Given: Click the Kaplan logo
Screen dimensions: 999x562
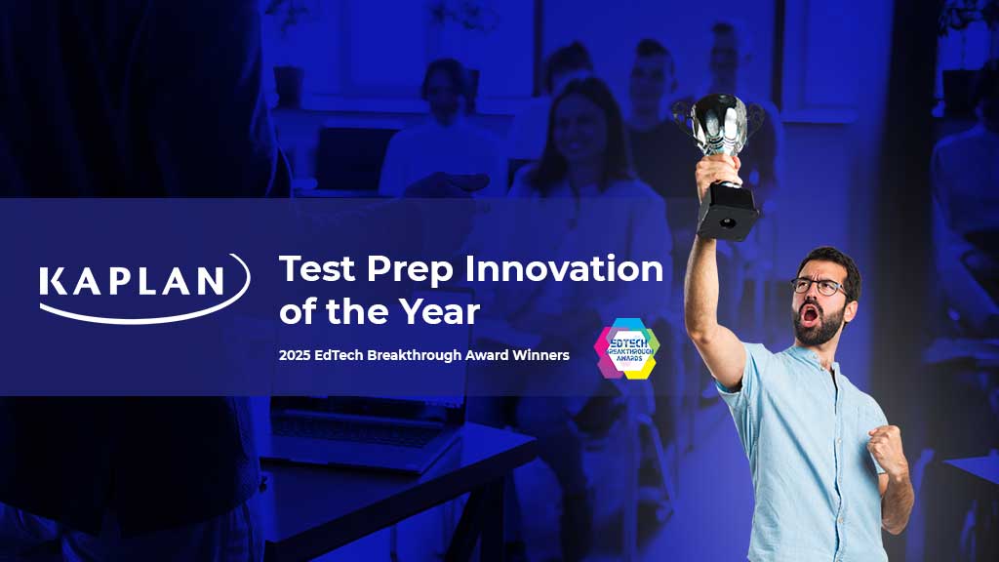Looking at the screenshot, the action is pos(144,289).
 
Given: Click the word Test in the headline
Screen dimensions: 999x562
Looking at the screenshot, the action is pos(317,268).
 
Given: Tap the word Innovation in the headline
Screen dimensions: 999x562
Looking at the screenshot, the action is pos(565,268).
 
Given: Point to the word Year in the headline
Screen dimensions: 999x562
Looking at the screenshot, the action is pos(439,311).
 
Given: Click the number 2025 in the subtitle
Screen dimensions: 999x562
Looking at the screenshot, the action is pos(294,355).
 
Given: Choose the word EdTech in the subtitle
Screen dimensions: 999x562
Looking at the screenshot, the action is pos(339,355).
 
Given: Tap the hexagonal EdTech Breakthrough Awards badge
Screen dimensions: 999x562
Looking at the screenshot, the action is pos(626,348).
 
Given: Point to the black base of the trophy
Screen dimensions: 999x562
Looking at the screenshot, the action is pos(728,212).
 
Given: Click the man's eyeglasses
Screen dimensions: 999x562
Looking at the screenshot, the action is pos(819,287).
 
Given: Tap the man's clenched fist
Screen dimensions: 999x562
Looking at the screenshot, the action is pos(888,449).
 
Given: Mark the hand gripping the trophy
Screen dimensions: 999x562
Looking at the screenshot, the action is pos(717,170).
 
